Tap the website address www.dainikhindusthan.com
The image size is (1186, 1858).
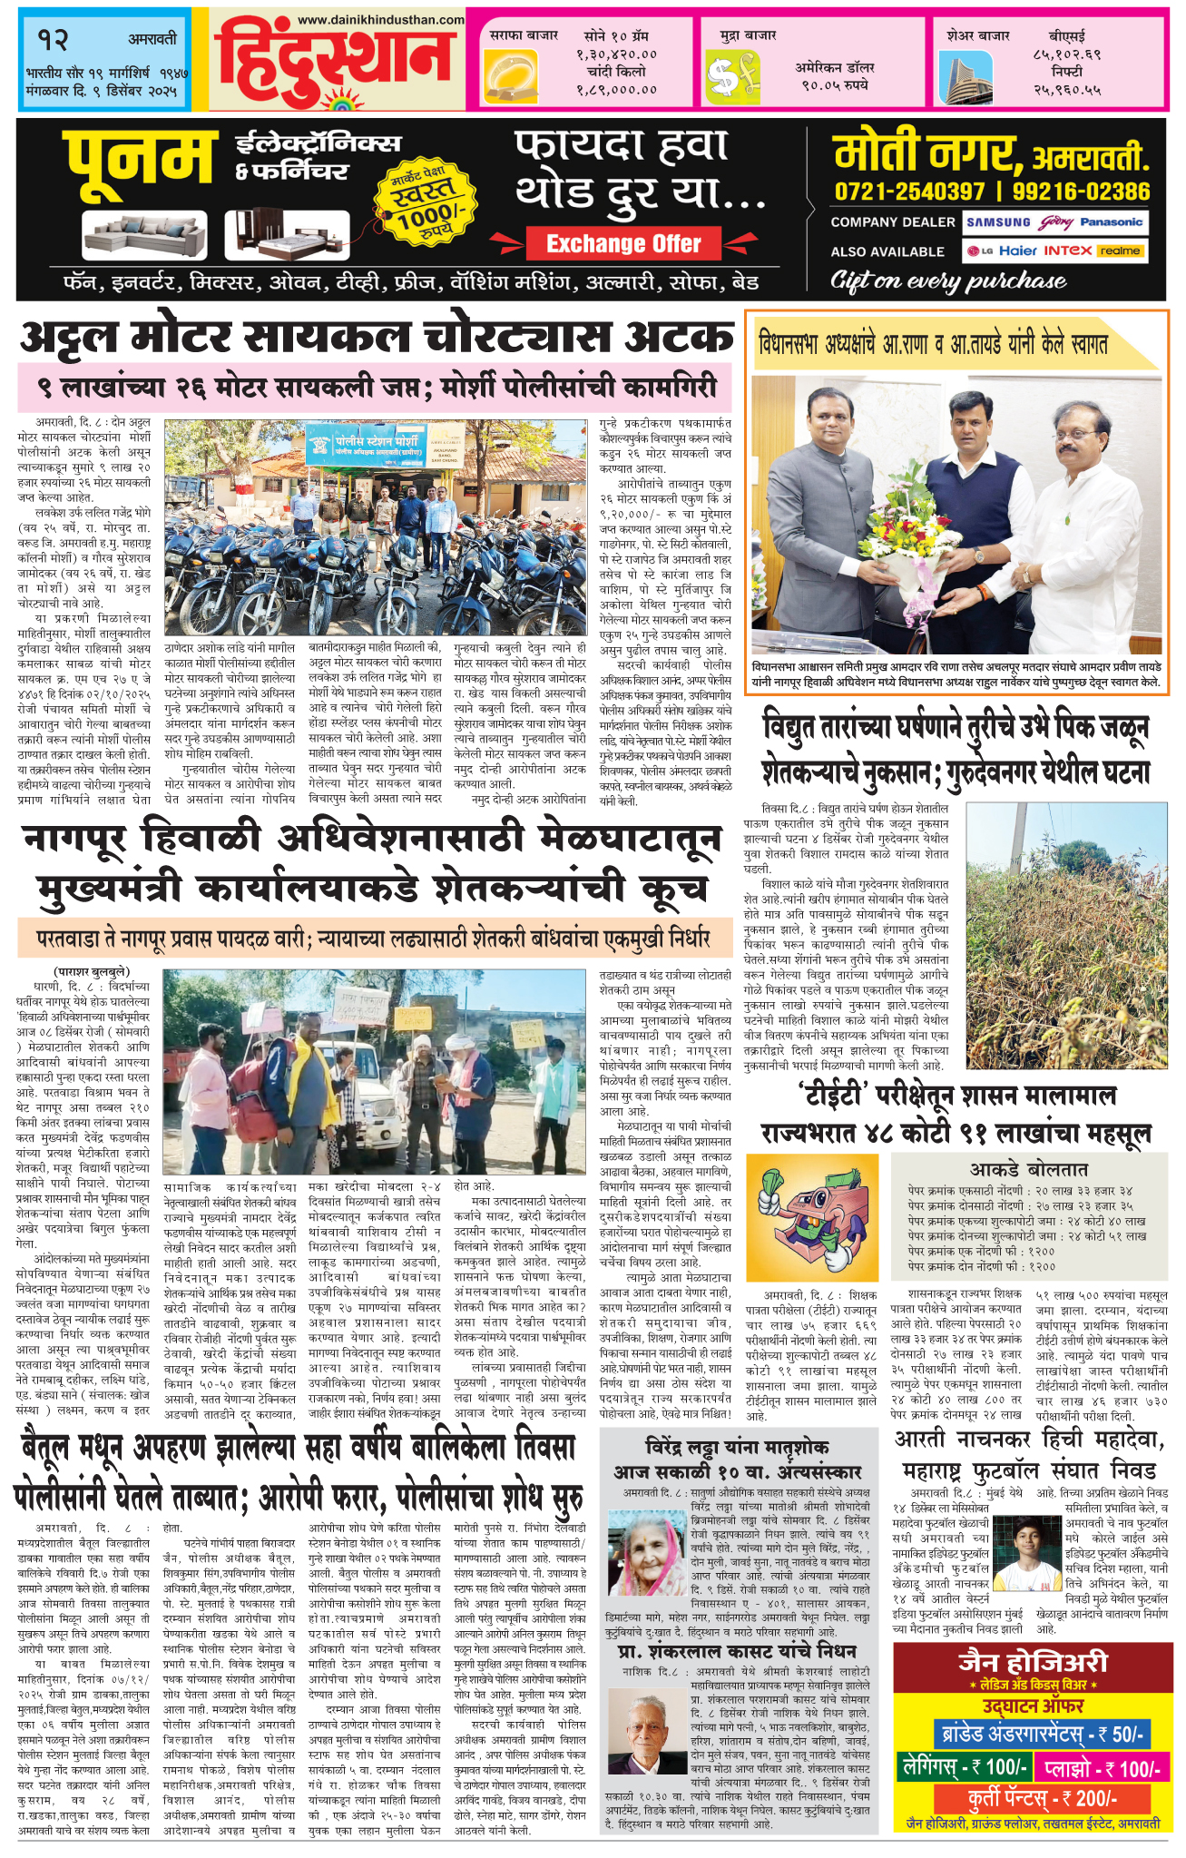tap(380, 19)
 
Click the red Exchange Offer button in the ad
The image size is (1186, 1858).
tap(623, 243)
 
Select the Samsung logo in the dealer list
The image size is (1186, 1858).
tap(997, 222)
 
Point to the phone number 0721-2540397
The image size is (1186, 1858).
tap(909, 192)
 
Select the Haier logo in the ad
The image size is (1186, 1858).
tap(1017, 251)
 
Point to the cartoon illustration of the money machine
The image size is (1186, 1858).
tap(812, 1216)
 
